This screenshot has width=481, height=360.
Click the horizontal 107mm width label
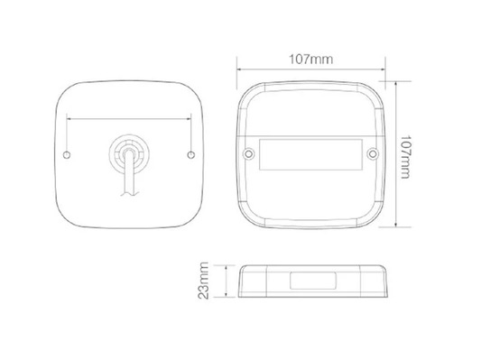point(311,60)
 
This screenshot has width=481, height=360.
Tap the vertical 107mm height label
point(405,157)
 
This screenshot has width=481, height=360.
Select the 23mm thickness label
point(203,281)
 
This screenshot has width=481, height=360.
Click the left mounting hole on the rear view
point(67,155)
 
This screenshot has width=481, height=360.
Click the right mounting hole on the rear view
point(191,155)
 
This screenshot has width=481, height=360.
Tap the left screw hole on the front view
point(249,153)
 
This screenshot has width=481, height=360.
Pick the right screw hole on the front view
point(373,153)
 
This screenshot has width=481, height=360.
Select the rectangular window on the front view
point(310,154)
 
